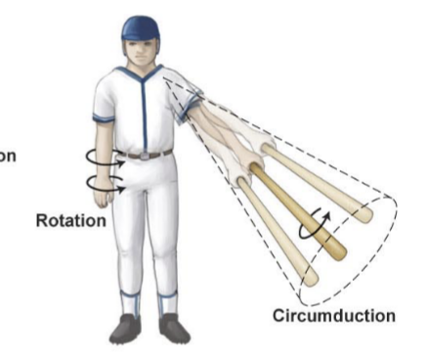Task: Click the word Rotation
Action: (70, 221)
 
